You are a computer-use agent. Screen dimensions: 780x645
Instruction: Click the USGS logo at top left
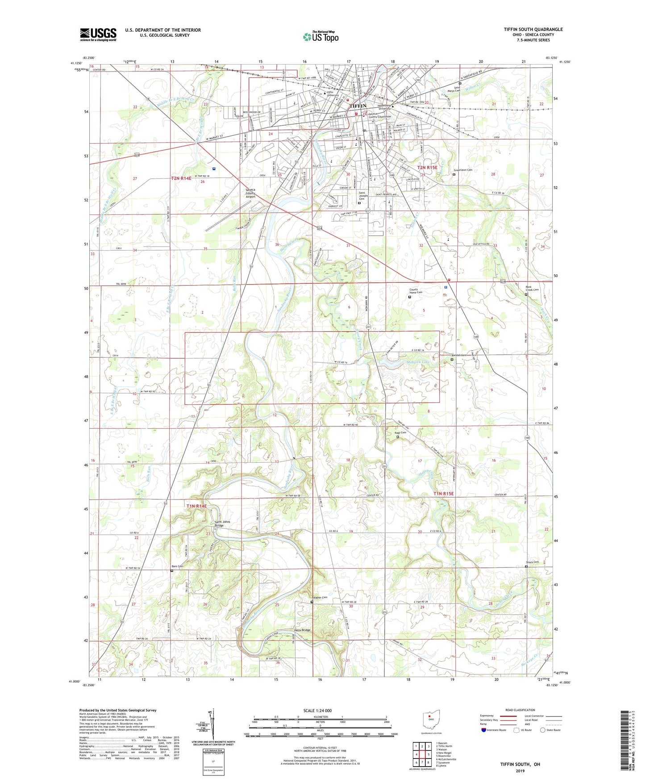coord(98,34)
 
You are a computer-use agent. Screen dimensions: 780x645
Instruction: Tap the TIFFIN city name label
coord(358,106)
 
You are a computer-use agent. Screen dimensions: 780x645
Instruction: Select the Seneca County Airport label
coord(251,193)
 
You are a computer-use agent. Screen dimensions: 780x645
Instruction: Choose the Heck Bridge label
coord(302,630)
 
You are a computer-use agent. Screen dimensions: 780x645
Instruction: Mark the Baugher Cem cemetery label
coord(320,597)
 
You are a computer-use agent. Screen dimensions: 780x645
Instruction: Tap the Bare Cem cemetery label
coord(178,566)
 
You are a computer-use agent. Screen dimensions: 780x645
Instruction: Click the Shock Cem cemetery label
coord(532,562)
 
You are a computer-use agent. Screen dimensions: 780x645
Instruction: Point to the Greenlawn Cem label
coord(463,170)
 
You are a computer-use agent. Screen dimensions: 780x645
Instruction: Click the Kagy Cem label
coord(400,432)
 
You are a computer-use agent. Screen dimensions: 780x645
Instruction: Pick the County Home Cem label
coord(416,292)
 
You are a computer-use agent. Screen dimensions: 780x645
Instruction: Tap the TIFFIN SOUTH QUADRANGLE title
coord(533,29)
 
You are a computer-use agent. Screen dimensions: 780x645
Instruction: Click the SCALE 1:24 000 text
coord(317,711)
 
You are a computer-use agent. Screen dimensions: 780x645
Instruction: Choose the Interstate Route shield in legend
coord(484,730)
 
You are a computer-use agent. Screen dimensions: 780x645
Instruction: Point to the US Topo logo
coord(320,37)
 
